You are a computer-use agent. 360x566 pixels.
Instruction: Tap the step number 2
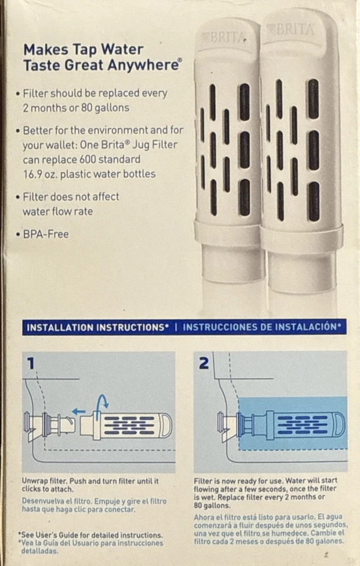point(204,363)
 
